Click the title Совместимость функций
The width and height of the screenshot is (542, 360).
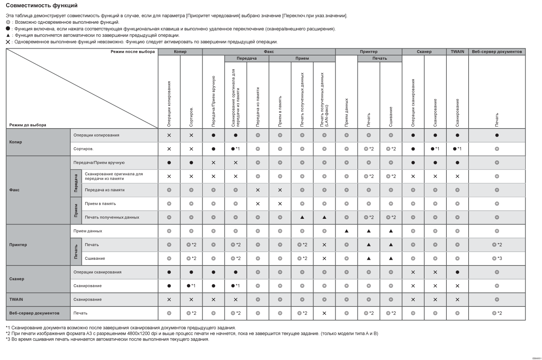pos(42,5)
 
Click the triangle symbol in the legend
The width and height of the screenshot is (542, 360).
pos(8,35)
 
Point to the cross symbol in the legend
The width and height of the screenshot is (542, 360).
pos(8,42)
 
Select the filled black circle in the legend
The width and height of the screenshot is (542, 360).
pos(8,29)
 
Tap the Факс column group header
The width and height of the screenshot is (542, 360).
pos(269,52)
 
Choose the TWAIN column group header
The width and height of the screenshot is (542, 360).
pos(457,52)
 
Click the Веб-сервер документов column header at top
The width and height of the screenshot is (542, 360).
pos(497,52)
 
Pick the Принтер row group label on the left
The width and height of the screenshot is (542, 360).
pos(18,245)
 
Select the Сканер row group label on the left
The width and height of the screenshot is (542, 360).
pos(16,279)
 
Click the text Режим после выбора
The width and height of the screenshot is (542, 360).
pos(133,52)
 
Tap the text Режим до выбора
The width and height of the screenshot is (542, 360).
pos(28,125)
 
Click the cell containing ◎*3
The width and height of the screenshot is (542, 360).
pos(497,259)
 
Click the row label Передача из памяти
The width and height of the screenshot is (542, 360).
pos(104,190)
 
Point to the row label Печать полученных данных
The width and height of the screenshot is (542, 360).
pos(112,217)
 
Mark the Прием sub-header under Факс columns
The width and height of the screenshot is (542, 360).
pos(302,59)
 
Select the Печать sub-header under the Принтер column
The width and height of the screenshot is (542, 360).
pos(380,59)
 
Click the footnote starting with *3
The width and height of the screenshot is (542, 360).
pos(107,339)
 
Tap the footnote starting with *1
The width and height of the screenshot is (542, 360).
pos(121,328)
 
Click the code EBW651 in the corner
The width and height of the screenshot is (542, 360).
pos(537,358)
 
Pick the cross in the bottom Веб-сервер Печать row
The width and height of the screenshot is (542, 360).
pos(324,313)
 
